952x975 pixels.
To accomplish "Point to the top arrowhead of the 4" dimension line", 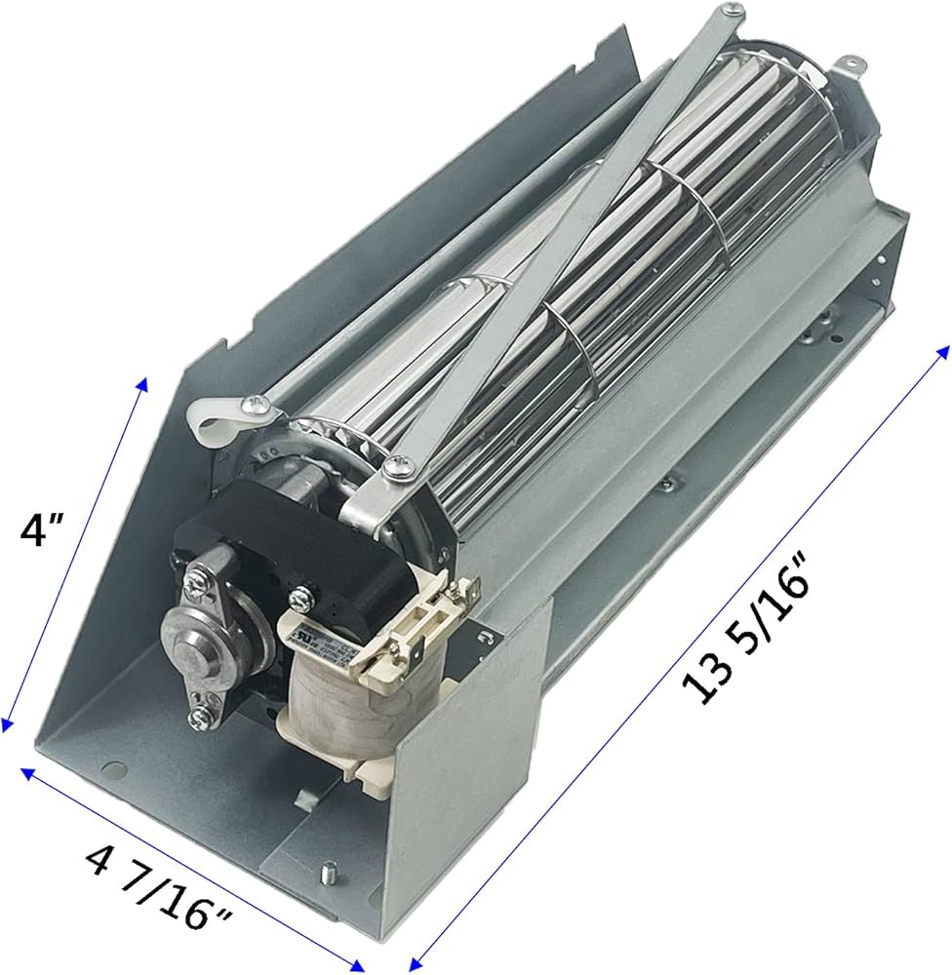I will click(144, 382).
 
